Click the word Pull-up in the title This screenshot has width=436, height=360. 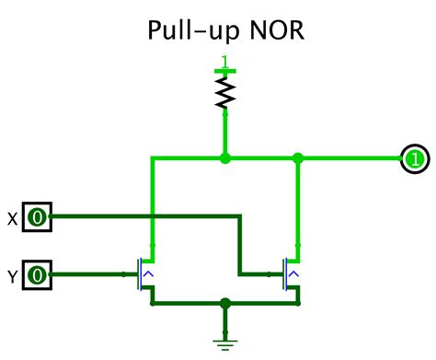pos(189,32)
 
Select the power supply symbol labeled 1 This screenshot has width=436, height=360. pos(224,66)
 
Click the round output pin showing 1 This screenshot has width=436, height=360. pos(413,158)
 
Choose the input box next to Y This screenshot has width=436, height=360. pos(37,274)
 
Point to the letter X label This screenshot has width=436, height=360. pos(12,218)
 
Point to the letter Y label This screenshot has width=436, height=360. pos(12,274)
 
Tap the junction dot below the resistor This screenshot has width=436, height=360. pos(224,158)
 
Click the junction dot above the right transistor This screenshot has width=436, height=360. pos(296,158)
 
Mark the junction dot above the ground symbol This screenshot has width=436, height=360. pos(224,302)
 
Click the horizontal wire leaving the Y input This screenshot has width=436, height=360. pos(87,274)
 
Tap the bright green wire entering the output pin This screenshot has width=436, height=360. pos(354,158)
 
